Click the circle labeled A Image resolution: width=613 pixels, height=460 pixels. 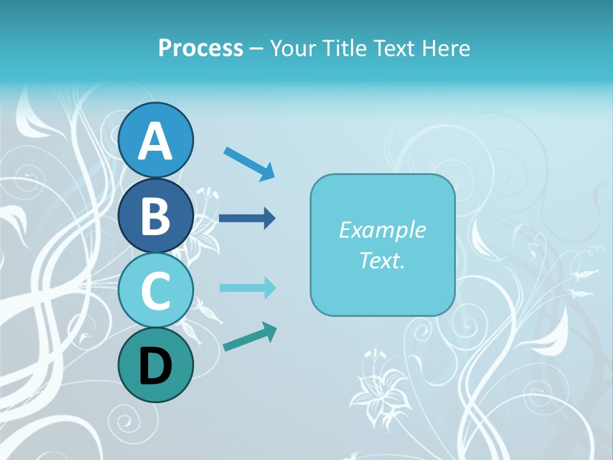click(156, 140)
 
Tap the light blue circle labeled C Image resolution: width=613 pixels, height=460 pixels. click(156, 290)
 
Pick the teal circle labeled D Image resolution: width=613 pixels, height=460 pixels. click(156, 365)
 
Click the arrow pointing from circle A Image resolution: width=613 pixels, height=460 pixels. click(249, 164)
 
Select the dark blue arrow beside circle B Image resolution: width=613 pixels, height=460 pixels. click(247, 218)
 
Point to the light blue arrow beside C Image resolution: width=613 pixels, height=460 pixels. click(247, 288)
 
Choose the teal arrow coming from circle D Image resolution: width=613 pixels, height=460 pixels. click(250, 337)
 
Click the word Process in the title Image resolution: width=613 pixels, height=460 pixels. click(201, 49)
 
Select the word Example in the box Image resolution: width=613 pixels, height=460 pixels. click(382, 230)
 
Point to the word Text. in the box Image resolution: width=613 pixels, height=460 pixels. click(382, 260)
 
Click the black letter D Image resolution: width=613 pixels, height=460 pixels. click(156, 366)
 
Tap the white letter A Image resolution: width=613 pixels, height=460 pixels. click(156, 141)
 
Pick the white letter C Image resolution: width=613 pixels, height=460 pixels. click(156, 291)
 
